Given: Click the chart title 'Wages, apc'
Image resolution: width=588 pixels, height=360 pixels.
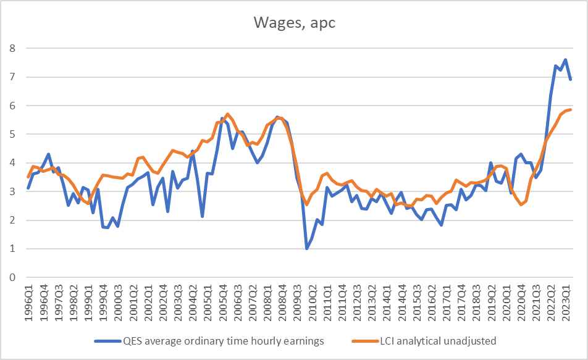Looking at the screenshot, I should tap(293, 23).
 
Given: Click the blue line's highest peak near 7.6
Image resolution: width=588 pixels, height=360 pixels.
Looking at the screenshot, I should tap(565, 60).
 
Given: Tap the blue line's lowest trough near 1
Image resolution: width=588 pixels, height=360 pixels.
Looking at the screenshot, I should tap(306, 248).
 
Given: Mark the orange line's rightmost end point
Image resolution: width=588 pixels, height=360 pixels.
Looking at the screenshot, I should tap(570, 110).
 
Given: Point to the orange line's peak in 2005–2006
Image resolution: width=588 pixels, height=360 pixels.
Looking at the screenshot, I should tap(227, 114).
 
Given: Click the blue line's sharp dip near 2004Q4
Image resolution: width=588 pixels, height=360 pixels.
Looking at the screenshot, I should tap(202, 216).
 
